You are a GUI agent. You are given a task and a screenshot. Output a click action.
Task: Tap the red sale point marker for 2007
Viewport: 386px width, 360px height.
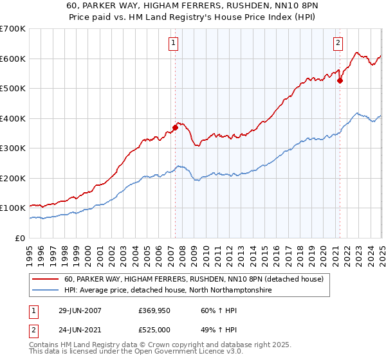click(x=175, y=127)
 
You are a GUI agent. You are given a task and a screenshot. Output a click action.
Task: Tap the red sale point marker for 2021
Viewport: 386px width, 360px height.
click(x=340, y=80)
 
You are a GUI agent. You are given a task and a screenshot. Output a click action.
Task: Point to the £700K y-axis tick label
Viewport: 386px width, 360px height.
click(x=13, y=29)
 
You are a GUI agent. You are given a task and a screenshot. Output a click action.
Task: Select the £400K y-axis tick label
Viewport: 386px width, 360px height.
click(x=13, y=118)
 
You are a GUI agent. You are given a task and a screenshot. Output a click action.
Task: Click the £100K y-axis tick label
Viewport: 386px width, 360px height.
click(x=13, y=208)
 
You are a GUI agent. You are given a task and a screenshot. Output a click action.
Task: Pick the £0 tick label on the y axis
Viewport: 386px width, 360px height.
click(x=21, y=238)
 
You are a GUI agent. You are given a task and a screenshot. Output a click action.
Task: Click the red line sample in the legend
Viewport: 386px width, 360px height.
click(x=46, y=280)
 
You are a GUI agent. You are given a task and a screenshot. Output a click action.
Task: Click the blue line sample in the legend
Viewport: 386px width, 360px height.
click(x=46, y=291)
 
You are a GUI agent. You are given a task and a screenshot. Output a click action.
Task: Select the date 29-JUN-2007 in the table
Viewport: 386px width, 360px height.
click(x=80, y=310)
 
